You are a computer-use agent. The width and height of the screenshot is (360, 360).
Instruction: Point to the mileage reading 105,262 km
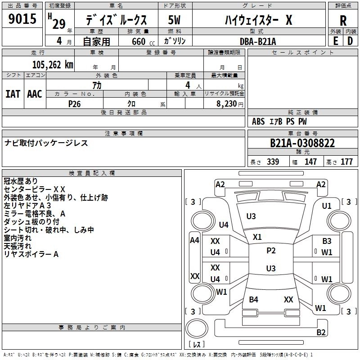pyautogui.click(x=53, y=65)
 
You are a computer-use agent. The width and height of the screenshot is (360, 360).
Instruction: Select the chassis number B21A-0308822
pyautogui.click(x=302, y=143)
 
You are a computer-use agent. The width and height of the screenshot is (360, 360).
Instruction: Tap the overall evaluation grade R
pyautogui.click(x=343, y=20)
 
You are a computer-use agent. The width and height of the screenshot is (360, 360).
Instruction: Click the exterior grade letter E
pyautogui.click(x=335, y=40)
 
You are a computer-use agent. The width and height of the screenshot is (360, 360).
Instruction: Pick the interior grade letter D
pyautogui.click(x=350, y=40)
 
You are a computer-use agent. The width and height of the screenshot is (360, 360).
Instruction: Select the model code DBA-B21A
pyautogui.click(x=258, y=41)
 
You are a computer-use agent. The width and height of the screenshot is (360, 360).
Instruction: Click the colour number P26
pyautogui.click(x=75, y=103)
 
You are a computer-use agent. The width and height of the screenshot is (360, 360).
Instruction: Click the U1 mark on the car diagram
pyautogui.click(x=327, y=206)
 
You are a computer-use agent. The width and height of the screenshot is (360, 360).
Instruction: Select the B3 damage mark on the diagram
pyautogui.click(x=327, y=241)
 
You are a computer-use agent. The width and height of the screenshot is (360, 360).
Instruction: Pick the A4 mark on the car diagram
pyautogui.click(x=194, y=240)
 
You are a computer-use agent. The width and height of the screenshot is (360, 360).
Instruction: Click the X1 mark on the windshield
pyautogui.click(x=257, y=237)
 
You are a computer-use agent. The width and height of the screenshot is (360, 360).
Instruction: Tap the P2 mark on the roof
pyautogui.click(x=271, y=251)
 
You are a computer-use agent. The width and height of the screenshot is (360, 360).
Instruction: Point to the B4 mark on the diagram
pyautogui.click(x=254, y=300)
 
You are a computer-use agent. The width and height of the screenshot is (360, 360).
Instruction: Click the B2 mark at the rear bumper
pyautogui.click(x=321, y=333)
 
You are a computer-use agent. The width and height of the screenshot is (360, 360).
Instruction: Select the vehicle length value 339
pyautogui.click(x=272, y=162)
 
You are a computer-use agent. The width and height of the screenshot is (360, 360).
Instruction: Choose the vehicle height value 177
pyautogui.click(x=346, y=162)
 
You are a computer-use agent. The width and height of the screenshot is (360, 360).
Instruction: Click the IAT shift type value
pyautogui.click(x=13, y=94)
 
